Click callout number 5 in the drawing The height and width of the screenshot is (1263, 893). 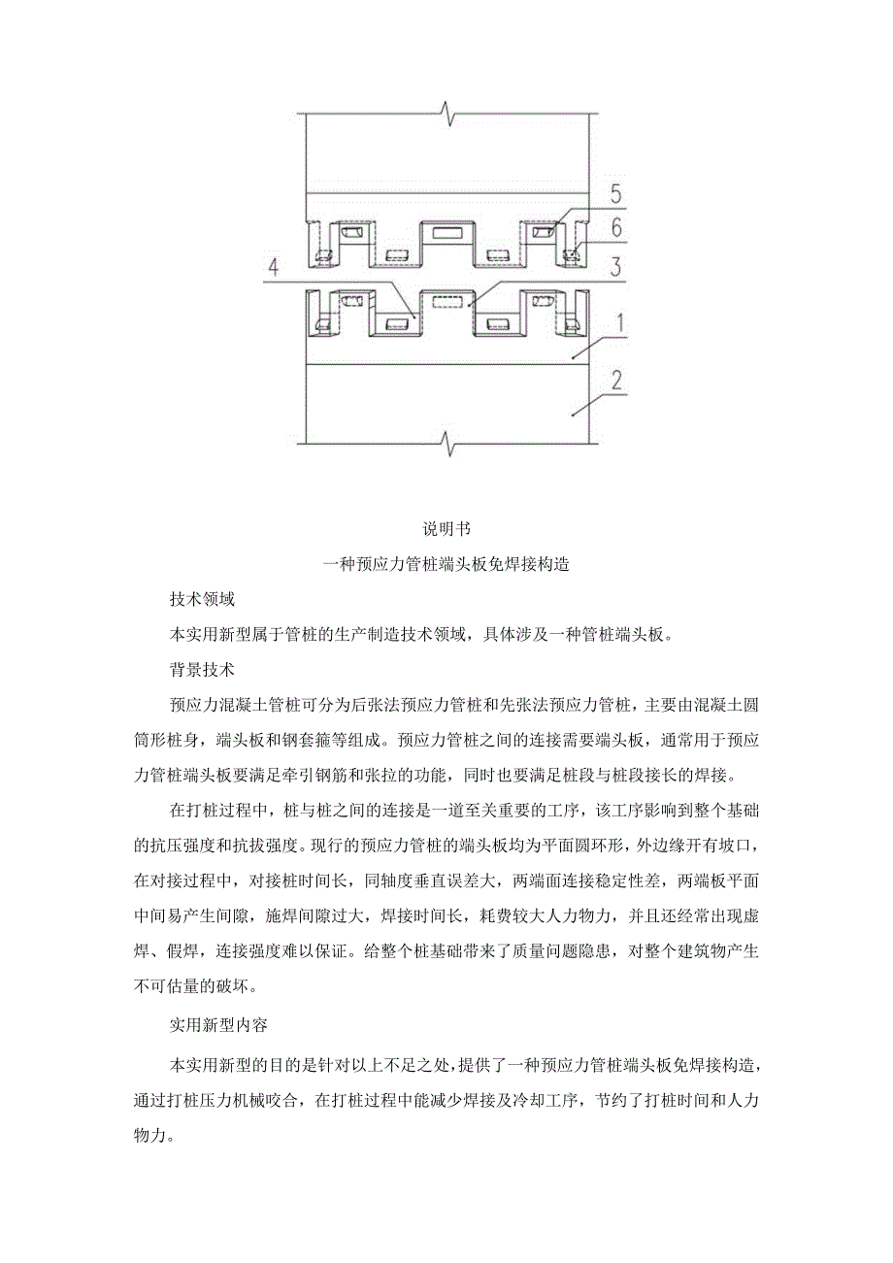pos(615,194)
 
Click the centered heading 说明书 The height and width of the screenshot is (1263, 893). pos(446,529)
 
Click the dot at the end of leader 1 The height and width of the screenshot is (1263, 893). pos(573,357)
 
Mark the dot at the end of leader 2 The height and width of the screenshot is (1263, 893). pos(573,415)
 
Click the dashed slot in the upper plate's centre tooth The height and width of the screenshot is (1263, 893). pos(447,234)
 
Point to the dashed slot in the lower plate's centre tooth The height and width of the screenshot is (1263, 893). pos(447,302)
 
